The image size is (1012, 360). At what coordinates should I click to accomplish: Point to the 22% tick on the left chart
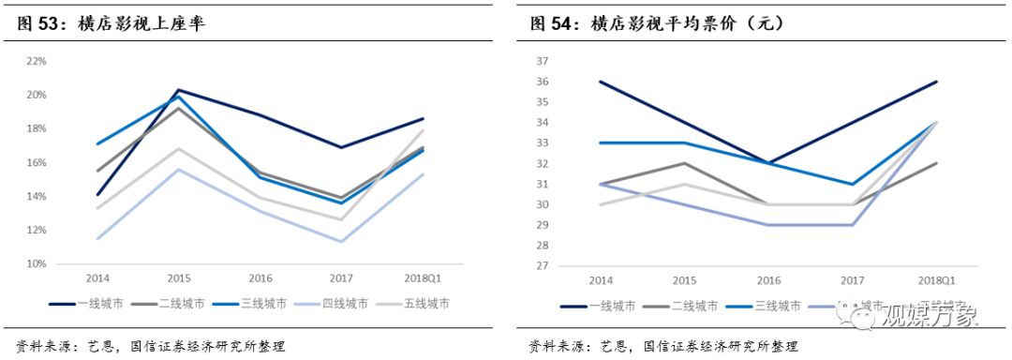tap(37, 61)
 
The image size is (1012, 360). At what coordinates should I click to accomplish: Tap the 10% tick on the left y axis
tap(37, 263)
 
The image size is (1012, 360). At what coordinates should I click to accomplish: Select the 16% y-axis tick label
tap(37, 162)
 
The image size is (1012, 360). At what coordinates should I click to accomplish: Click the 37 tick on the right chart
tap(542, 61)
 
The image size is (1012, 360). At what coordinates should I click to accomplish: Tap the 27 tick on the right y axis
tap(542, 265)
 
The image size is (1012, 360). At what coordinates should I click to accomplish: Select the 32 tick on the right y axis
tap(542, 163)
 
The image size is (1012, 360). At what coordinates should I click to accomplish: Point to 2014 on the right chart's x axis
tap(600, 280)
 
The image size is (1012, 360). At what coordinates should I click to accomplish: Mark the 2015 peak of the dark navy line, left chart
tap(178, 90)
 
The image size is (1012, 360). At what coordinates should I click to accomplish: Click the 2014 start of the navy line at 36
tap(600, 82)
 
